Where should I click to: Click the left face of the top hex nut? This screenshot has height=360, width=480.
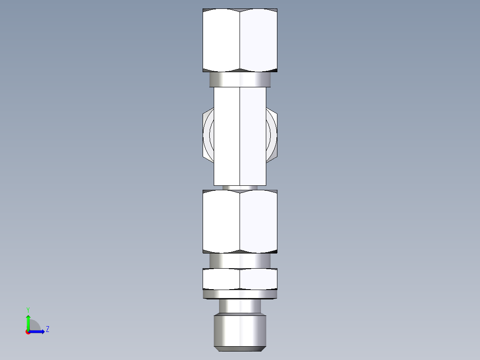(x=221, y=40)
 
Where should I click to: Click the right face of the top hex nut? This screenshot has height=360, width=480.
(x=258, y=40)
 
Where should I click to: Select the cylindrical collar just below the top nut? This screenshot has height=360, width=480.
(x=240, y=80)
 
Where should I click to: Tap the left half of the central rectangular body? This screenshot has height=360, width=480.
(x=227, y=136)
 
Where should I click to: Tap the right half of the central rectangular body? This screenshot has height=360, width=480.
(x=253, y=136)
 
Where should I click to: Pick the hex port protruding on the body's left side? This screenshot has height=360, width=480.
(x=208, y=134)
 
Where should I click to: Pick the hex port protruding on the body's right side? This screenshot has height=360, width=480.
(x=272, y=134)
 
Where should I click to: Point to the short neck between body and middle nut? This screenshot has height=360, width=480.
(x=240, y=188)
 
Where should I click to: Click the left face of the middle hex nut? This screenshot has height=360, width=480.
(x=221, y=221)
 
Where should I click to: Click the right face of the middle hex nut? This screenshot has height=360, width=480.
(x=258, y=221)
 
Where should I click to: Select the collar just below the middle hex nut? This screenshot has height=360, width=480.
(x=240, y=260)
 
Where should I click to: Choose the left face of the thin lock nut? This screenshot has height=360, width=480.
(x=221, y=279)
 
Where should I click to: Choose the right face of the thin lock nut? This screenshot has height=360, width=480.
(x=258, y=279)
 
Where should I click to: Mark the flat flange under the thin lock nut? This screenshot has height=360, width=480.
(x=240, y=294)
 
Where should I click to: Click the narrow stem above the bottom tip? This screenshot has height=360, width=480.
(x=240, y=306)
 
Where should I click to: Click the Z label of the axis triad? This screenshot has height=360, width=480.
(x=47, y=329)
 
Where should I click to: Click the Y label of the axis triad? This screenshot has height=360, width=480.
(x=28, y=309)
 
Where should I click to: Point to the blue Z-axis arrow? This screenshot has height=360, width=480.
(x=37, y=331)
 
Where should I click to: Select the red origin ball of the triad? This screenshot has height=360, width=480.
(x=28, y=332)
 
